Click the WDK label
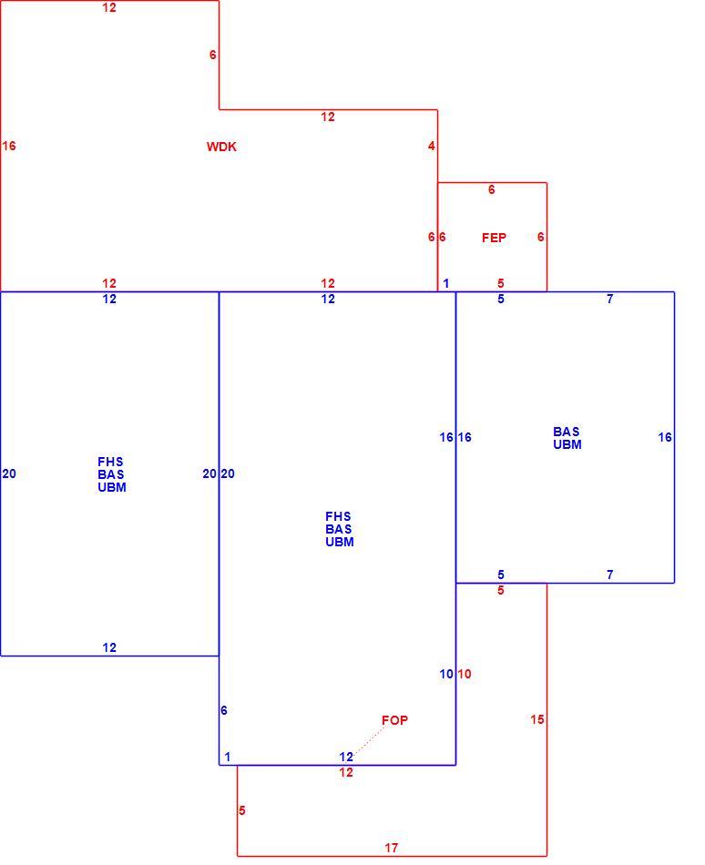(x=221, y=147)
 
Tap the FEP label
(x=494, y=238)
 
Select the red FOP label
(x=394, y=720)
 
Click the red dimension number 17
(x=391, y=848)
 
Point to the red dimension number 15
(x=536, y=719)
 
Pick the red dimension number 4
(x=432, y=147)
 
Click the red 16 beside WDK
(x=9, y=147)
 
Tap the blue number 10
(x=446, y=674)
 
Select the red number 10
(x=465, y=674)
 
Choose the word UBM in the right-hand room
(x=567, y=444)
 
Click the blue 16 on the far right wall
(x=665, y=437)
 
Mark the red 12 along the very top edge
(x=109, y=7)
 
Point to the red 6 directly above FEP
(x=492, y=189)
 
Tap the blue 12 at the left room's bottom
(x=109, y=647)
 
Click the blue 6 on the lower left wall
(x=224, y=710)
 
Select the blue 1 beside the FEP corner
(x=446, y=283)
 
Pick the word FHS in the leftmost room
(x=110, y=462)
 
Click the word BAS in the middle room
(x=338, y=529)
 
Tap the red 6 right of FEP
(x=541, y=238)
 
